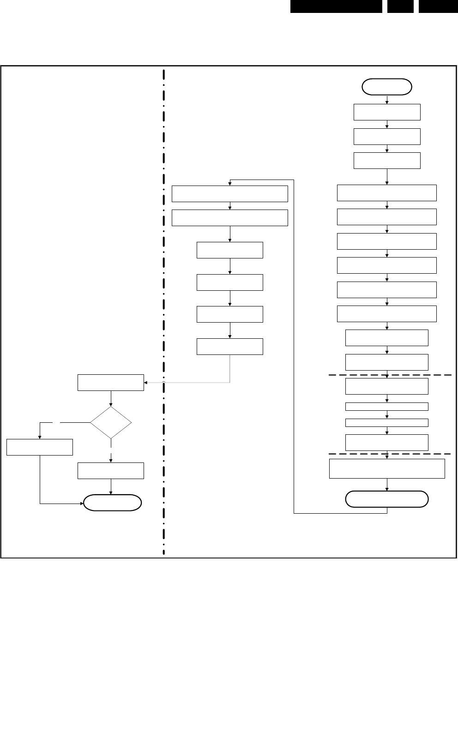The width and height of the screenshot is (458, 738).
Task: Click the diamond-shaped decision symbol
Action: [x=111, y=422]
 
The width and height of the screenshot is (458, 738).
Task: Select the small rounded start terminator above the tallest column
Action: [x=387, y=87]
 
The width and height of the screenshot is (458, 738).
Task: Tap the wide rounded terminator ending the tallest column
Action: [x=387, y=499]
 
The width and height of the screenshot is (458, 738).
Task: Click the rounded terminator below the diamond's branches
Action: [x=112, y=503]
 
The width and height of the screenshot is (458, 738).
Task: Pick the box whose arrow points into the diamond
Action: [x=111, y=383]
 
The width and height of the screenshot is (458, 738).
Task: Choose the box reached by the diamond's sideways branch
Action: [x=40, y=447]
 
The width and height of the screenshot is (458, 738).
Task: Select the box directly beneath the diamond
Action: [x=111, y=471]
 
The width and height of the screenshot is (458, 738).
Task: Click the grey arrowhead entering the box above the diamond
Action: [x=146, y=383]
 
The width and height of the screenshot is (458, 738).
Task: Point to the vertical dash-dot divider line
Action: [x=164, y=277]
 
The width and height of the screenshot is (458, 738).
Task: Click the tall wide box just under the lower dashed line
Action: [x=387, y=468]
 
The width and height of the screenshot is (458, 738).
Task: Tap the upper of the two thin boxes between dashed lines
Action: [x=387, y=407]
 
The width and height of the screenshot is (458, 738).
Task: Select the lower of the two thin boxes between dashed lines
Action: [x=387, y=423]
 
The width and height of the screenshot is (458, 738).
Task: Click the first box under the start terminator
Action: [x=387, y=112]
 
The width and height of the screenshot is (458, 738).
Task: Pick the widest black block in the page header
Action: [x=336, y=6]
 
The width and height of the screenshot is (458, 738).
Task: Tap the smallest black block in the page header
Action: [x=400, y=6]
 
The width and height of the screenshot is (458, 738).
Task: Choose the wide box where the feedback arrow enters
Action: [x=230, y=194]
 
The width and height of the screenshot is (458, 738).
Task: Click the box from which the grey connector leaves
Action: [x=230, y=347]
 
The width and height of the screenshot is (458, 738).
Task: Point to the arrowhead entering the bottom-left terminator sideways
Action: [x=82, y=503]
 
